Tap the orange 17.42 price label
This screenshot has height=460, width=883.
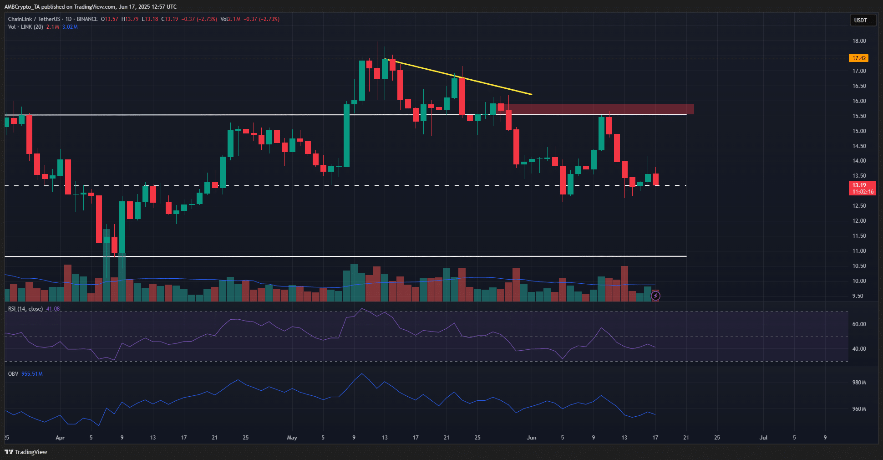[x=859, y=58]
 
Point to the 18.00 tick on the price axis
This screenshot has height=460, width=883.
[x=859, y=41]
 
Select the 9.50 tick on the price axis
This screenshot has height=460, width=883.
[x=858, y=296]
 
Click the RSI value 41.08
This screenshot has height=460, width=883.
[x=53, y=309]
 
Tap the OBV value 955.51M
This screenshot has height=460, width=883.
[x=32, y=374]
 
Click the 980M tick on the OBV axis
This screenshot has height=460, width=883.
[x=859, y=383]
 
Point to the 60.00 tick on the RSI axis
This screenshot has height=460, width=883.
[x=859, y=324]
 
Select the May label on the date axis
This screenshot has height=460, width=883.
[x=292, y=438]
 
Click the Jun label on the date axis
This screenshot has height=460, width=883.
[x=531, y=438]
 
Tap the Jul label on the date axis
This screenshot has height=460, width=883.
[x=763, y=438]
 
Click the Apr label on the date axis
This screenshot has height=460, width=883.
[x=60, y=438]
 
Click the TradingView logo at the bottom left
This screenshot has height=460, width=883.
[x=26, y=452]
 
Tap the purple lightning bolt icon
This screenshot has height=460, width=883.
[x=655, y=296]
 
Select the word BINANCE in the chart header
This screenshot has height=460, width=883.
[x=87, y=19]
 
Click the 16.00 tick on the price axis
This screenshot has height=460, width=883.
[x=859, y=101]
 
